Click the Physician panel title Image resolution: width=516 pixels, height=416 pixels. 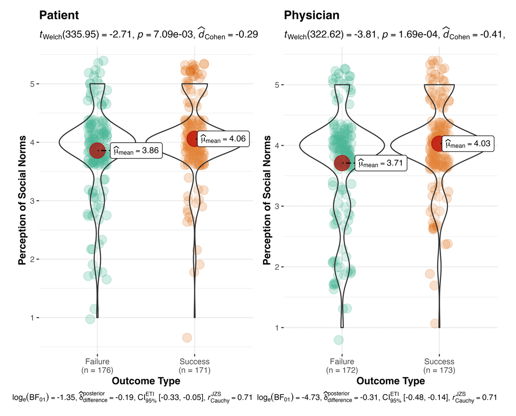pyautogui.click(x=312, y=15)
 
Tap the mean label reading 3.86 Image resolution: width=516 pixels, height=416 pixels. pyautogui.click(x=136, y=150)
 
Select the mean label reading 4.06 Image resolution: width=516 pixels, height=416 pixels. pyautogui.click(x=224, y=138)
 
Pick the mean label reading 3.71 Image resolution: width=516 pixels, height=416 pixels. pyautogui.click(x=380, y=163)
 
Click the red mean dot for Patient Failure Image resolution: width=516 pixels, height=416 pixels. pyautogui.click(x=97, y=150)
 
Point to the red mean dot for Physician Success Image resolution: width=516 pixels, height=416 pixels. pyautogui.click(x=439, y=143)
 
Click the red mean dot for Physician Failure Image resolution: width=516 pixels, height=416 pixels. pyautogui.click(x=342, y=163)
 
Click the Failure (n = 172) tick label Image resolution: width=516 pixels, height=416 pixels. pyautogui.click(x=342, y=365)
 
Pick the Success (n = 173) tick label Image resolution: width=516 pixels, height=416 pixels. pyautogui.click(x=439, y=365)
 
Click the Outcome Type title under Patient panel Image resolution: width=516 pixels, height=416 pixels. pyautogui.click(x=146, y=381)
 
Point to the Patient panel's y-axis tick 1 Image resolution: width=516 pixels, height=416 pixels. pyautogui.click(x=33, y=318)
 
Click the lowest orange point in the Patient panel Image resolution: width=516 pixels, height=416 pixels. pyautogui.click(x=187, y=337)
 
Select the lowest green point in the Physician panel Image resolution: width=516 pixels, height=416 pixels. pyautogui.click(x=339, y=340)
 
